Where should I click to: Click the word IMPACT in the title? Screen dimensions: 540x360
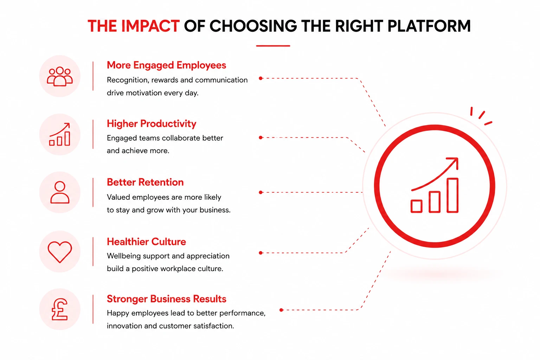[x=150, y=26]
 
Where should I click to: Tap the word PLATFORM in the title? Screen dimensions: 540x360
[x=429, y=26]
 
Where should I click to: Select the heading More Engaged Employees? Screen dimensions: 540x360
[x=166, y=65]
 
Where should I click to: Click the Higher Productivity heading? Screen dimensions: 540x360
[x=152, y=123]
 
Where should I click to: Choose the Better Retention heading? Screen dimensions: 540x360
[x=145, y=182]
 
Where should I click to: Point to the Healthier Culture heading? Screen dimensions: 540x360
[x=146, y=242]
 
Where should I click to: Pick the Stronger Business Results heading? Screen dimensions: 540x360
[x=166, y=299]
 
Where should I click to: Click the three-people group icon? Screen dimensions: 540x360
[x=60, y=76]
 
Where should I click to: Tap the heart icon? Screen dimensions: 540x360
[x=60, y=252]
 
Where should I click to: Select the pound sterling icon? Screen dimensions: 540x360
[x=59, y=309]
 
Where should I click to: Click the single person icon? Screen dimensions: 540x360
[x=60, y=192]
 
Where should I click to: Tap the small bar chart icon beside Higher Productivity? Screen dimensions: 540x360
[x=59, y=134]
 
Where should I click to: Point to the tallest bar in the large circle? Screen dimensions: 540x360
[x=452, y=195]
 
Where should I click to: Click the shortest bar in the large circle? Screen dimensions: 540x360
[x=416, y=206]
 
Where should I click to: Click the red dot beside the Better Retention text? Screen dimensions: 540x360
[x=261, y=192]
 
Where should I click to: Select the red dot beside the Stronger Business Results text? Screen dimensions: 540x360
[x=281, y=310]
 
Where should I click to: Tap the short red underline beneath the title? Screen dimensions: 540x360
[x=273, y=46]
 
